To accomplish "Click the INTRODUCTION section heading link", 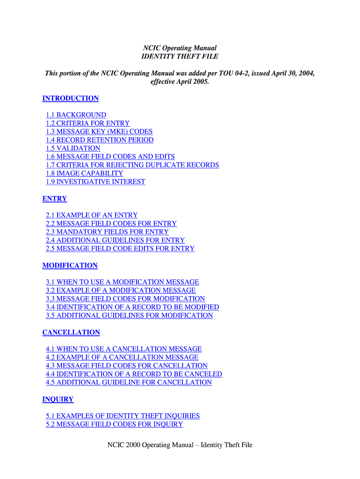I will click(x=71, y=98).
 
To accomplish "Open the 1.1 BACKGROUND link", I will click(x=76, y=115).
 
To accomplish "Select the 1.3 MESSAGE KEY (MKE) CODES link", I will click(x=99, y=132).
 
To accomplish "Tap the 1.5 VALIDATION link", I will click(x=73, y=148).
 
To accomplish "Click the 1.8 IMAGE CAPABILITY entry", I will click(x=84, y=174).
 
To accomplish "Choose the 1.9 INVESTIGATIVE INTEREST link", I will click(x=95, y=182).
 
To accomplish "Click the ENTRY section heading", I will click(x=55, y=199).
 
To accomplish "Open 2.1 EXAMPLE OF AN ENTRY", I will click(x=92, y=216).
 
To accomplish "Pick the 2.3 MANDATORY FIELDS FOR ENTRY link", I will click(x=107, y=232).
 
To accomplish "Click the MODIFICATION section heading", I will click(x=70, y=266).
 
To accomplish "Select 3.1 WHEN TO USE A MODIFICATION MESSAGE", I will click(x=122, y=283).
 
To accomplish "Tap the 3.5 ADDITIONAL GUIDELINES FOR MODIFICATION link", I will click(x=129, y=316).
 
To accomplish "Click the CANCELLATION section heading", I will click(x=71, y=333).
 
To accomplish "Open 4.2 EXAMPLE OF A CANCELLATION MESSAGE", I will click(x=122, y=357).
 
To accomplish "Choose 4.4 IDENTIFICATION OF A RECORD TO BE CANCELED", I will click(x=134, y=374).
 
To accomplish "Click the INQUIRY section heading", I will click(x=58, y=399).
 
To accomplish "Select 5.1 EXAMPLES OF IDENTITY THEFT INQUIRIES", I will click(x=122, y=416).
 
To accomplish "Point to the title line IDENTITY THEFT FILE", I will click(x=180, y=57).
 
